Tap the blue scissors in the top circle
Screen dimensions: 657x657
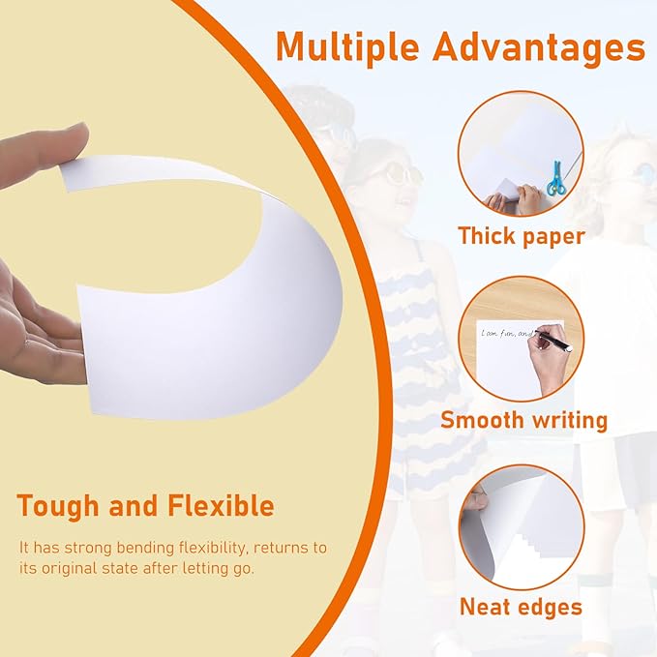pos(555,179)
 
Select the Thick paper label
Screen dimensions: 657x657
pos(521,235)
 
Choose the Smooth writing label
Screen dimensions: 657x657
pos(523,420)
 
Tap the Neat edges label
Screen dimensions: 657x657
pos(521,607)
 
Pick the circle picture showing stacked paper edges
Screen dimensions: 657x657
pos(522,527)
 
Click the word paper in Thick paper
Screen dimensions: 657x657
pos(555,235)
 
